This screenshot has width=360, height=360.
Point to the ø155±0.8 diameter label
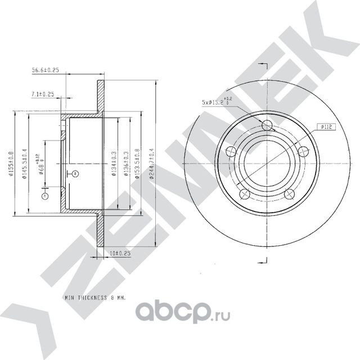(x=11, y=164)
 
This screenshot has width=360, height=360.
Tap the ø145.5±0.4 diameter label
(x=25, y=164)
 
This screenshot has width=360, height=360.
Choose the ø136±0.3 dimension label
(x=126, y=164)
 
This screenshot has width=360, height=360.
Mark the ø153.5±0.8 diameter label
(x=137, y=164)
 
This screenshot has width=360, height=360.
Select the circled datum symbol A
(x=44, y=196)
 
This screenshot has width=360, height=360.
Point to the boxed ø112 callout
(x=326, y=127)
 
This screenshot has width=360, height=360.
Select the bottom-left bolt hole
(x=244, y=194)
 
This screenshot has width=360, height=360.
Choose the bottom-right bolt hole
(x=289, y=194)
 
